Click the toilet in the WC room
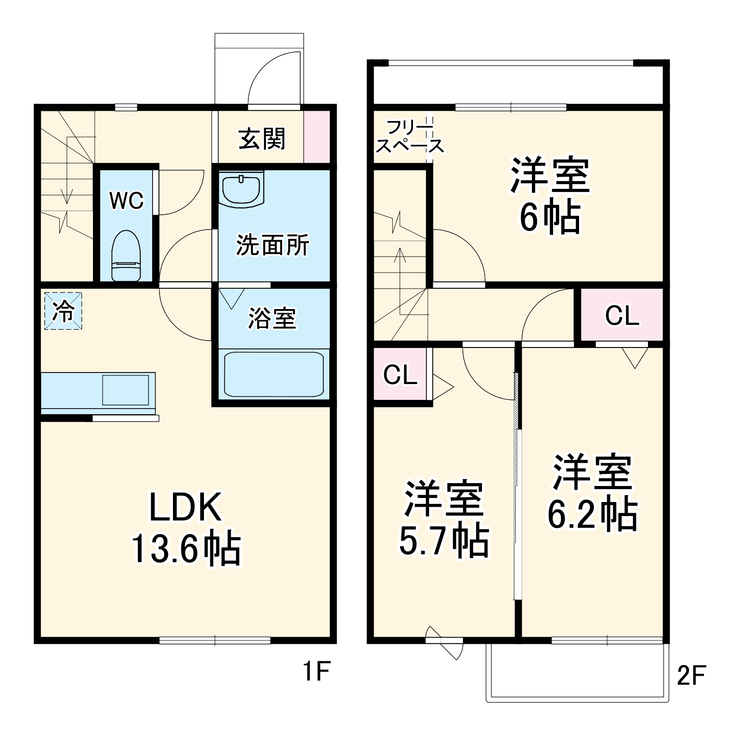click(126, 255)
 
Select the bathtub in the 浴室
click(274, 374)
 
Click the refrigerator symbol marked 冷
click(63, 311)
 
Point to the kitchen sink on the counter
click(125, 390)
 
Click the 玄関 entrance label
click(262, 138)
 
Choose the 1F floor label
click(316, 672)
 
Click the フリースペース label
click(409, 137)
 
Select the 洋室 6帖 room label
click(550, 196)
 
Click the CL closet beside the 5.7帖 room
click(400, 374)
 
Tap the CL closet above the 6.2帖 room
click(622, 315)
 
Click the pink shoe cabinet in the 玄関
click(317, 137)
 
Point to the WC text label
click(126, 200)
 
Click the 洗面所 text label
click(272, 245)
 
